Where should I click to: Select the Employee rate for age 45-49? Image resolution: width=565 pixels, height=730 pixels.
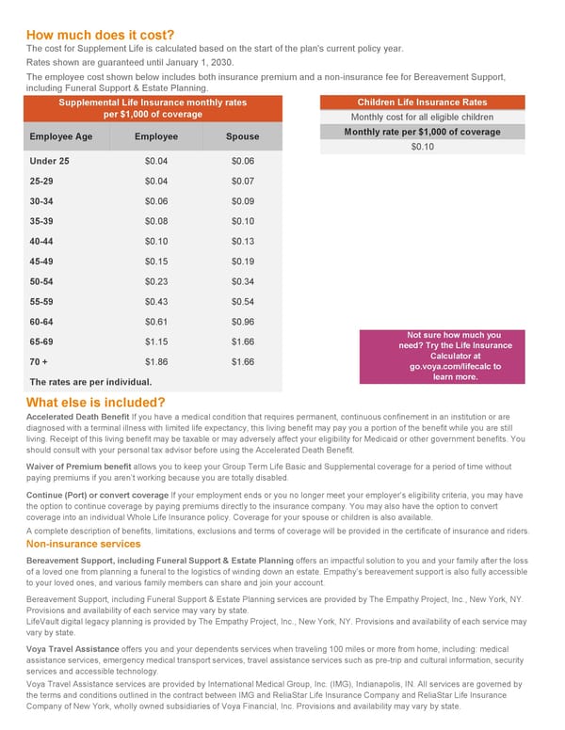click(156, 261)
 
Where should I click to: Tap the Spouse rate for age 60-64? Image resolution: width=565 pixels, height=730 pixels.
click(242, 321)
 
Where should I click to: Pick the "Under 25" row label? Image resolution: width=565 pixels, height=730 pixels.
click(49, 161)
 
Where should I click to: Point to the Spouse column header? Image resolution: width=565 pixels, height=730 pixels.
click(242, 137)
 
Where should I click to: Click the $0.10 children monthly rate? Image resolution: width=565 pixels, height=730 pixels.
click(423, 147)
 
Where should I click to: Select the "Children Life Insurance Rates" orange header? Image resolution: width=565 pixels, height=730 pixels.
click(423, 103)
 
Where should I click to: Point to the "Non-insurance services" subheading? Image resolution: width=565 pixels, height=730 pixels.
click(84, 544)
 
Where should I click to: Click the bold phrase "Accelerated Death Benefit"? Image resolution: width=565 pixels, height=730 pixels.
click(78, 416)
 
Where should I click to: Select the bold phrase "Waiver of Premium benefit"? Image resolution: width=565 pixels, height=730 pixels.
click(79, 466)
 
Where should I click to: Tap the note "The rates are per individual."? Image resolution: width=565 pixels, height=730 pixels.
click(90, 382)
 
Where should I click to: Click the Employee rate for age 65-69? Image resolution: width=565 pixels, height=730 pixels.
click(156, 341)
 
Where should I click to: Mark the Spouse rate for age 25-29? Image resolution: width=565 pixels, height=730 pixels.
click(242, 181)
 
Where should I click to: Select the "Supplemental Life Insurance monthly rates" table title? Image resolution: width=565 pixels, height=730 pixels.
click(153, 108)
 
